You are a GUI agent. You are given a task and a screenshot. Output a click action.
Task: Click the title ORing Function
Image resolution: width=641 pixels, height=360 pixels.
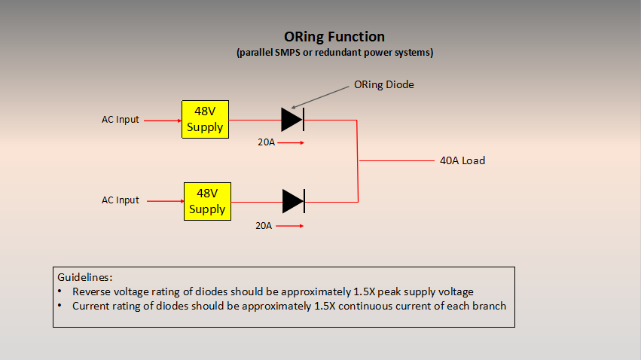tap(334, 37)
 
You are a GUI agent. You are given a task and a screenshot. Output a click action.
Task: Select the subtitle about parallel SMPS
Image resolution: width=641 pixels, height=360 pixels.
tap(334, 53)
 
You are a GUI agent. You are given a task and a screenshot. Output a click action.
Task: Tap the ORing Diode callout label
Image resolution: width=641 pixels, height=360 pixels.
tap(384, 84)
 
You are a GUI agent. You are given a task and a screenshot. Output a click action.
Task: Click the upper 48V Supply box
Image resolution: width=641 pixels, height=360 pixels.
tap(205, 119)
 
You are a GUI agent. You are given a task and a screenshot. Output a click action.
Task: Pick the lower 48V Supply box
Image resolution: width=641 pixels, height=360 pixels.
tap(207, 201)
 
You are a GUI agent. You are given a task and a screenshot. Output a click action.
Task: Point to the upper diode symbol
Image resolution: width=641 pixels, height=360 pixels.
tap(293, 120)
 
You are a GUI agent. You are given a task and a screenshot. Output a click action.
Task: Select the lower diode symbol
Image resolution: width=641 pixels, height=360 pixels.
tap(294, 201)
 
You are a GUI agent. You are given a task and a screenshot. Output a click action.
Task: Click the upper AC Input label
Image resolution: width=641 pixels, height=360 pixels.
tap(121, 120)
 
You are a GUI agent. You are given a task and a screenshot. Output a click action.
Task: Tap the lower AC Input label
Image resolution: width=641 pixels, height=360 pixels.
tap(121, 200)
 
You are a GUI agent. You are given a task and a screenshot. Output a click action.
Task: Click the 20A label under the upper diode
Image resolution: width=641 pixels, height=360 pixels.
tap(266, 142)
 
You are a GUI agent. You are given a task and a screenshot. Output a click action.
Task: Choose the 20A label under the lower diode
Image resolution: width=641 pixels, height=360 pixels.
tap(264, 226)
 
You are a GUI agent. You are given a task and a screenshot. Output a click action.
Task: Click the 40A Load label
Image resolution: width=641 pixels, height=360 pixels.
tap(462, 160)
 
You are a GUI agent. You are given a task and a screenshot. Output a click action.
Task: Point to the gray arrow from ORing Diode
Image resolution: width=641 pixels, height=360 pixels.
tap(319, 97)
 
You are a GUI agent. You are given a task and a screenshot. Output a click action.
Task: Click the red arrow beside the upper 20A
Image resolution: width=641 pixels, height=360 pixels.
tap(291, 142)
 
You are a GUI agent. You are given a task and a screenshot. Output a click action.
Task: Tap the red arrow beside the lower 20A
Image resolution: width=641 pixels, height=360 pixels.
tap(289, 226)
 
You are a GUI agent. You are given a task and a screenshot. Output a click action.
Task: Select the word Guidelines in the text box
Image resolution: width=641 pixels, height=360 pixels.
tap(84, 277)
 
